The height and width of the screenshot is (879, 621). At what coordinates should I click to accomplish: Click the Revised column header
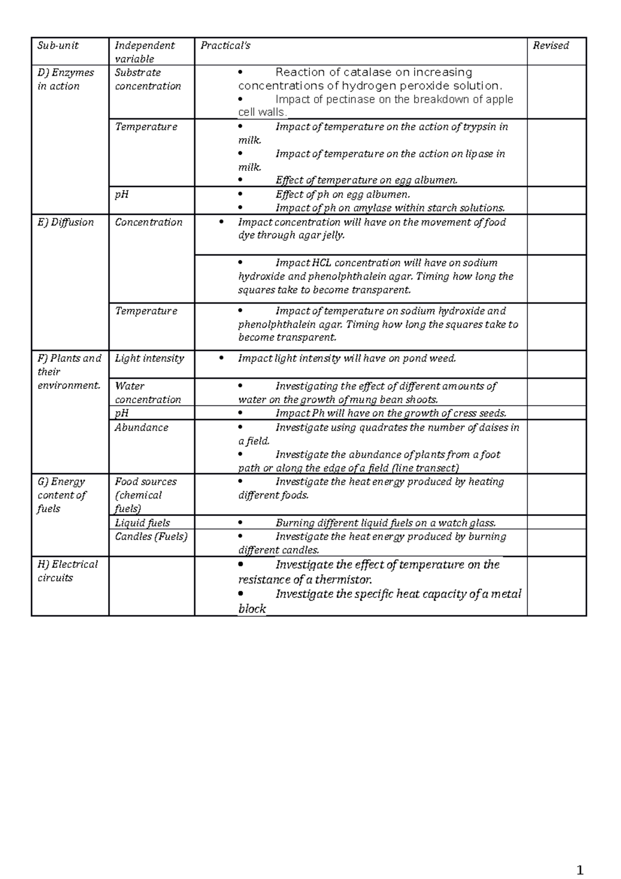[551, 46]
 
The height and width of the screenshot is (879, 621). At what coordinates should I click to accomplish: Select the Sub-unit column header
[58, 46]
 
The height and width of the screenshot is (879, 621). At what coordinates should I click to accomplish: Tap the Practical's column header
[225, 46]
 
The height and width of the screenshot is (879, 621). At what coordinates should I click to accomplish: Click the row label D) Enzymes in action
[66, 79]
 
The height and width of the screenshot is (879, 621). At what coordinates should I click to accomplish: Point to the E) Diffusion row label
[66, 222]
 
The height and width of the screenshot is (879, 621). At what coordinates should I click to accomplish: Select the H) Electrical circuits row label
[67, 571]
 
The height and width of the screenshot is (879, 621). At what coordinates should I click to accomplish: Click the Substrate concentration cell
[147, 79]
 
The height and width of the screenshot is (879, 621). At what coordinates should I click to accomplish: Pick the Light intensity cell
[149, 358]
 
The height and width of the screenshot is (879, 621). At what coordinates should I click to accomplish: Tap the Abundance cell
[141, 428]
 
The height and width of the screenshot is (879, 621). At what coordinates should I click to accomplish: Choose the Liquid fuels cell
[142, 523]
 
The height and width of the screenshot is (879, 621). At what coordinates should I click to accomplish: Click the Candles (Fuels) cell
[151, 536]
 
